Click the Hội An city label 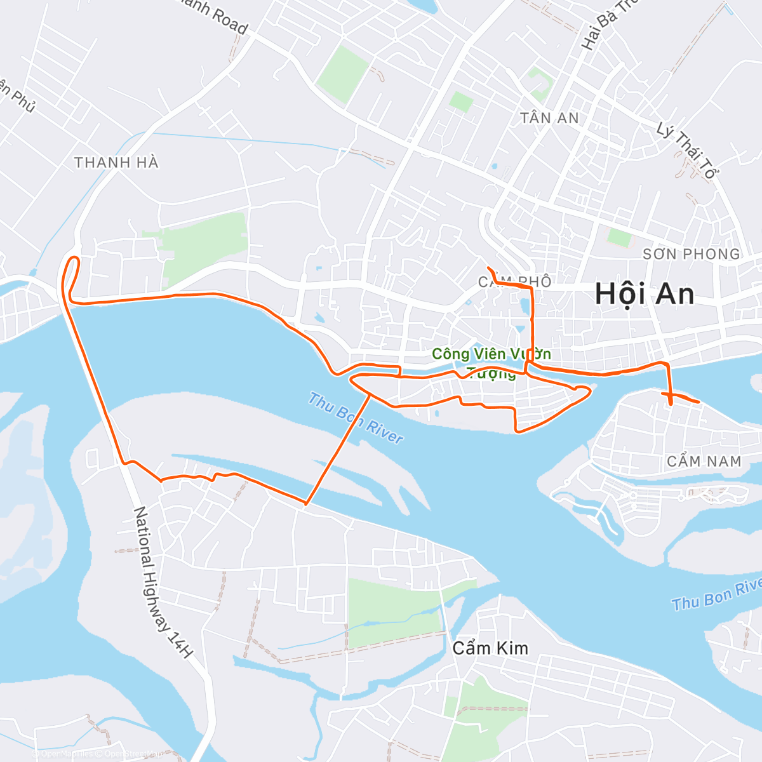click(x=645, y=294)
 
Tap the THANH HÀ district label click(x=116, y=163)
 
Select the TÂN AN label click(x=549, y=118)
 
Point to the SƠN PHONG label click(x=691, y=254)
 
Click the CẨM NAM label click(x=704, y=461)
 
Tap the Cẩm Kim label click(x=490, y=648)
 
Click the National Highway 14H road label click(x=163, y=582)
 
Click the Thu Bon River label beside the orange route click(x=356, y=418)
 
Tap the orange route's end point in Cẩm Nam click(x=698, y=402)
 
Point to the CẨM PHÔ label click(x=514, y=281)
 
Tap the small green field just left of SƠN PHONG click(x=620, y=238)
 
